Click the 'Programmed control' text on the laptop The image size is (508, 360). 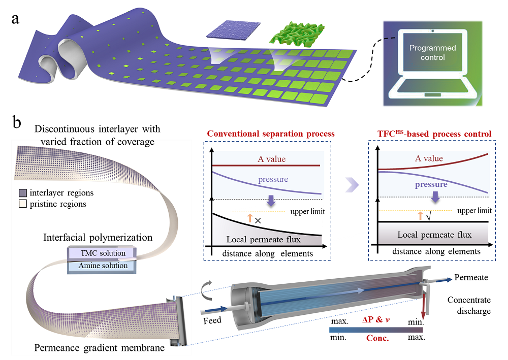[433, 53]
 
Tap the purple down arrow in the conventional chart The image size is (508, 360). [271, 201]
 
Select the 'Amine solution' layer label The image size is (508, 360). [103, 266]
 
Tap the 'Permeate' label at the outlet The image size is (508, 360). [471, 278]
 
